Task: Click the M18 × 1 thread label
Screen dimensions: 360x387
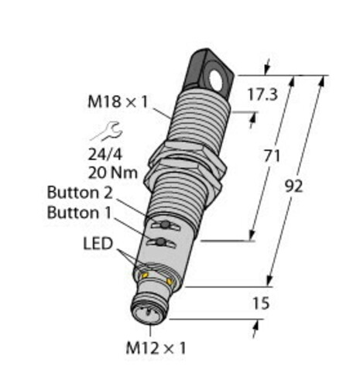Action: click(x=118, y=101)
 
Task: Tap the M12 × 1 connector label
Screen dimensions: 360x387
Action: click(x=156, y=348)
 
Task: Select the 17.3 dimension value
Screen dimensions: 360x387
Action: click(x=262, y=94)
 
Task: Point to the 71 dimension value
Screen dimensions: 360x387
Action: click(x=272, y=156)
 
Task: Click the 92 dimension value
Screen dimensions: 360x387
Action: click(x=293, y=187)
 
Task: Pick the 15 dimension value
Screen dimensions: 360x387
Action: click(x=261, y=303)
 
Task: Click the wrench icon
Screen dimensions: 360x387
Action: click(x=106, y=132)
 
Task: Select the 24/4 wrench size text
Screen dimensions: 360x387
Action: click(x=105, y=155)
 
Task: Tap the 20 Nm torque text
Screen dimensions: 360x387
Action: click(x=113, y=173)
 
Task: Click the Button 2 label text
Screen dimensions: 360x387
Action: click(x=80, y=193)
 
